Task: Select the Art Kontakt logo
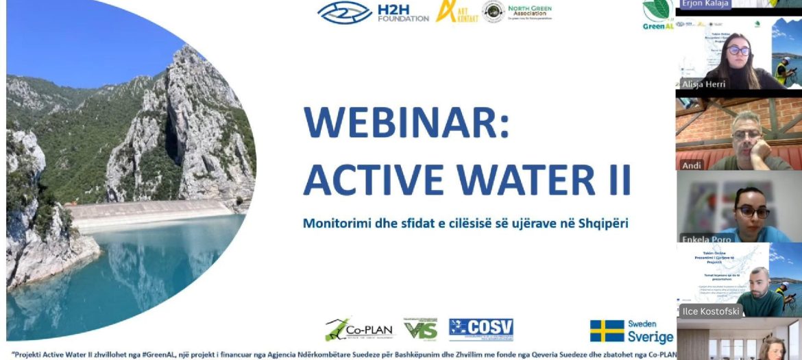coord(457,12)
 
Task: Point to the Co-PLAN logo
coord(360,330)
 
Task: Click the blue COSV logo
coord(481,328)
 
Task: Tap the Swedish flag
coord(607,331)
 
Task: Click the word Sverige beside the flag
coord(650,337)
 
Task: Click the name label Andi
coord(691,165)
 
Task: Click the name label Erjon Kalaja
coord(706,4)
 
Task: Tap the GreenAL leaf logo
coord(657,12)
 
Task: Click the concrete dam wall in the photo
coord(151,212)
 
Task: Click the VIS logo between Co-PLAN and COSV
coord(420,330)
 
